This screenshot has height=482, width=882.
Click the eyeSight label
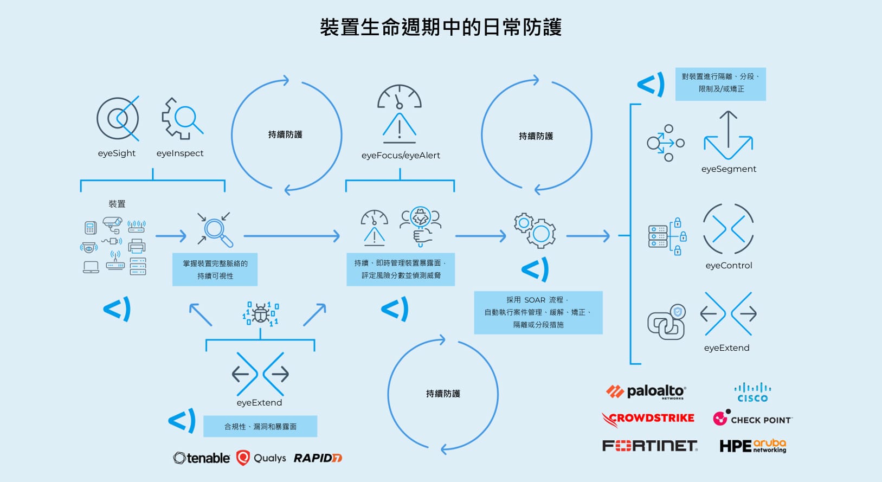pyautogui.click(x=117, y=153)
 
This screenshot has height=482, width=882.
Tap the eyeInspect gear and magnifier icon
pyautogui.click(x=182, y=119)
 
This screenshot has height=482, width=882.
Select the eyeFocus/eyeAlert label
pyautogui.click(x=401, y=156)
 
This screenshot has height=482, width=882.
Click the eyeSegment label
pyautogui.click(x=729, y=169)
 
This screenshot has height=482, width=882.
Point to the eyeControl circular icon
pyautogui.click(x=728, y=229)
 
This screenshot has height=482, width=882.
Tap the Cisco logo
pyautogui.click(x=752, y=392)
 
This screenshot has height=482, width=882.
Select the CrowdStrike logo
pyautogui.click(x=648, y=419)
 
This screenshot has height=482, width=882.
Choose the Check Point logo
pyautogui.click(x=752, y=419)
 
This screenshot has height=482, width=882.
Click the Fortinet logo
pyautogui.click(x=649, y=446)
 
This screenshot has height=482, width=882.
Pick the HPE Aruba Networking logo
pyautogui.click(x=752, y=446)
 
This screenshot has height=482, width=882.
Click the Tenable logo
pyautogui.click(x=202, y=458)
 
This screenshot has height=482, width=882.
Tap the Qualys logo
pyautogui.click(x=261, y=458)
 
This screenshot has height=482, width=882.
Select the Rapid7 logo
pyautogui.click(x=318, y=458)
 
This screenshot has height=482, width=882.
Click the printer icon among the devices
pyautogui.click(x=137, y=246)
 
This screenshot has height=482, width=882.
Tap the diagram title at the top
pyautogui.click(x=441, y=27)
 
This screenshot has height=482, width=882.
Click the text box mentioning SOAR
pyautogui.click(x=538, y=312)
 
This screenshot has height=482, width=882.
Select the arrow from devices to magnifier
pyautogui.click(x=170, y=236)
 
